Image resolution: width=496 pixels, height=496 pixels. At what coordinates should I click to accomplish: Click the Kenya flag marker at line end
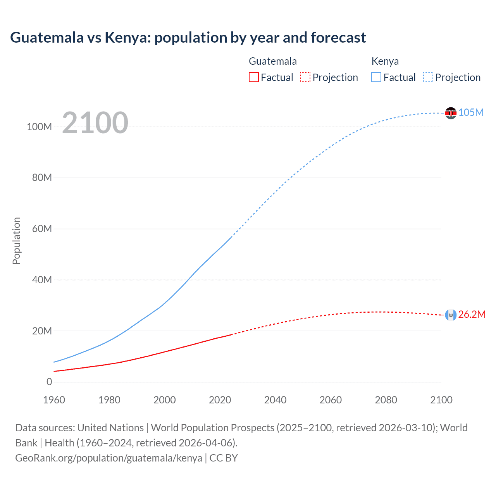451,113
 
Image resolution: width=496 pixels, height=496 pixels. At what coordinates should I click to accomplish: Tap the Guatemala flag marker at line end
451,315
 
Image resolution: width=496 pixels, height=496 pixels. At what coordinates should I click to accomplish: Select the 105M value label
471,112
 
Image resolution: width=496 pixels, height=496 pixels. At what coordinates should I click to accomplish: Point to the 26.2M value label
472,314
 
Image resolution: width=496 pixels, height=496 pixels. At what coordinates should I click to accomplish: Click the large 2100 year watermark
95,122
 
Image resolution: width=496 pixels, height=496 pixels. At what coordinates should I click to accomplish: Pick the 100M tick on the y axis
39,127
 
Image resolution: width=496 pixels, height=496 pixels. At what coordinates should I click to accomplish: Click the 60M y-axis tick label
42,229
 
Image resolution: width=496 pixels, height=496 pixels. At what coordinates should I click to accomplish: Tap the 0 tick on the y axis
49,382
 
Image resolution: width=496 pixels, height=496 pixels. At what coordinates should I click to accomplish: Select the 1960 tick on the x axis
54,400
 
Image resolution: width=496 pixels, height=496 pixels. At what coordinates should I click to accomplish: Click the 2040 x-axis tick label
275,400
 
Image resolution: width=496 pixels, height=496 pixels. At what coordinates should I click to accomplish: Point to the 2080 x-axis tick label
386,400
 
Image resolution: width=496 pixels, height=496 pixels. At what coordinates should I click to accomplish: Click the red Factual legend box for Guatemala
254,77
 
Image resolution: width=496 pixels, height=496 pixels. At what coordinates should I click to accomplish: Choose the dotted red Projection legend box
305,77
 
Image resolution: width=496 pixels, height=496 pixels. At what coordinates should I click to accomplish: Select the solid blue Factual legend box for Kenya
376,77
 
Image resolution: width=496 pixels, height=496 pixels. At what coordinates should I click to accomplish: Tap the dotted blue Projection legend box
428,77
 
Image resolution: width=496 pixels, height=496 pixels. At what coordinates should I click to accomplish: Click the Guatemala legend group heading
272,61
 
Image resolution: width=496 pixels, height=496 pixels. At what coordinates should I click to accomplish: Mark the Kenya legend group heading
385,61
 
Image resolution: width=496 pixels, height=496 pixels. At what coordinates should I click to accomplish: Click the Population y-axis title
16,241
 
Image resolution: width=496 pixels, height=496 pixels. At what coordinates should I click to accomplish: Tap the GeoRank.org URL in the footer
108,458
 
